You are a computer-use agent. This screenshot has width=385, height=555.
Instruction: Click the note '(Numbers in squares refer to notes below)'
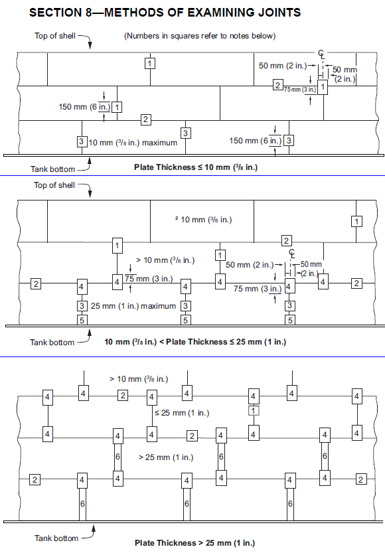point(200,36)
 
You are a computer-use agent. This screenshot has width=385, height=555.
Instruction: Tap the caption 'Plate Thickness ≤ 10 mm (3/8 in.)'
point(196,167)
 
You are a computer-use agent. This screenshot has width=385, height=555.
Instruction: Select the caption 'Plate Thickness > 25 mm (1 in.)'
point(194,542)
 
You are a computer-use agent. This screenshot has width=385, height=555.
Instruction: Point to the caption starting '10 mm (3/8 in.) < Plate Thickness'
point(195,342)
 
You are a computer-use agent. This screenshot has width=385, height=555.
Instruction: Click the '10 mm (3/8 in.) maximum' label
point(133,143)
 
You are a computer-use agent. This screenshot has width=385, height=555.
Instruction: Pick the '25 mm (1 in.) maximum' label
point(133,306)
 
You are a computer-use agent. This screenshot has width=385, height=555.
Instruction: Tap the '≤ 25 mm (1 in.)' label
point(182,413)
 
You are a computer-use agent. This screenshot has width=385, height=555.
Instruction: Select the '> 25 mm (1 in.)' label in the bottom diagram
point(166,457)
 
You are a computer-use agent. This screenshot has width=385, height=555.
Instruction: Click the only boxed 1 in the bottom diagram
point(254,410)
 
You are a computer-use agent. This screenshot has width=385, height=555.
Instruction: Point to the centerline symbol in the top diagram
point(321,54)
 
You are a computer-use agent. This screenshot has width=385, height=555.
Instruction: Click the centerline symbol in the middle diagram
point(292,253)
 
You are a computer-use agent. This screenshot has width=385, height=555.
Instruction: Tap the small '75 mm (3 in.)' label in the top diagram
point(300,90)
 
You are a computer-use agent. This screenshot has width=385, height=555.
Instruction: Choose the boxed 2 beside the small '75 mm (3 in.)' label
point(277,85)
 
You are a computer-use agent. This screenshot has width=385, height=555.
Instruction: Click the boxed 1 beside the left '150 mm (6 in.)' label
point(117,107)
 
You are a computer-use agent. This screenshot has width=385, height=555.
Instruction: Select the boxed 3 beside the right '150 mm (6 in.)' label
point(289,141)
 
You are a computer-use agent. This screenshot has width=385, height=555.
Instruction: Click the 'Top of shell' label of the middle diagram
point(54,185)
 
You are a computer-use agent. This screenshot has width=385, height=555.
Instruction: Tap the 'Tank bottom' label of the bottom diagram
point(56,538)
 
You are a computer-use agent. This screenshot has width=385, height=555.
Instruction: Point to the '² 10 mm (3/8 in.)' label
point(204,220)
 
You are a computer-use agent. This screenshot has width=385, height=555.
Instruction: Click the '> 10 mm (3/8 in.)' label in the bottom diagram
point(139,379)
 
